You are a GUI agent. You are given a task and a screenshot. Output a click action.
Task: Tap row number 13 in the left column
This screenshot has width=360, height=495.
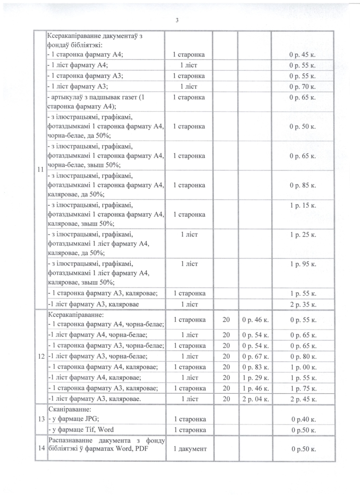(x=40, y=419)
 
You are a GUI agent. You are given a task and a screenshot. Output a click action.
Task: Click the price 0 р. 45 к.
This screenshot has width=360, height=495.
(x=303, y=55)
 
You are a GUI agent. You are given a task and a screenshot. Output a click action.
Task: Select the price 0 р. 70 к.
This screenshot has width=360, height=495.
(x=303, y=87)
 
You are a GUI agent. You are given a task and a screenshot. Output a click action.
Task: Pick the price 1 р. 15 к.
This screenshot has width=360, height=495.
(x=303, y=205)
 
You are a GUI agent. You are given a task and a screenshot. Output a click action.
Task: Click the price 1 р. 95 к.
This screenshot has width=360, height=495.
(x=303, y=264)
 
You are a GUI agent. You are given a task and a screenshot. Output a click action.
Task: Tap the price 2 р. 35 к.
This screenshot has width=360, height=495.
(x=303, y=304)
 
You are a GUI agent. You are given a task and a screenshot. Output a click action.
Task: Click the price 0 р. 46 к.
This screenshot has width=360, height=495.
(x=255, y=320)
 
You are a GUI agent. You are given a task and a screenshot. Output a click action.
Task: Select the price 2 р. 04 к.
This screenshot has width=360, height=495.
(x=255, y=399)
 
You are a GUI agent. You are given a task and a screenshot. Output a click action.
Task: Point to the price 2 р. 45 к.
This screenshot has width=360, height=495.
(x=303, y=399)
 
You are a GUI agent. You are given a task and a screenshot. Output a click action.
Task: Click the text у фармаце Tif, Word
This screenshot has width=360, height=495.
(x=81, y=430)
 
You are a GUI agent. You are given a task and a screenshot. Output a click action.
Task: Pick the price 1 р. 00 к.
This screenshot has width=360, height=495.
(x=303, y=367)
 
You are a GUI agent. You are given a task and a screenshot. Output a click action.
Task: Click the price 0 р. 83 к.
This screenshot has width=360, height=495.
(x=255, y=367)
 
